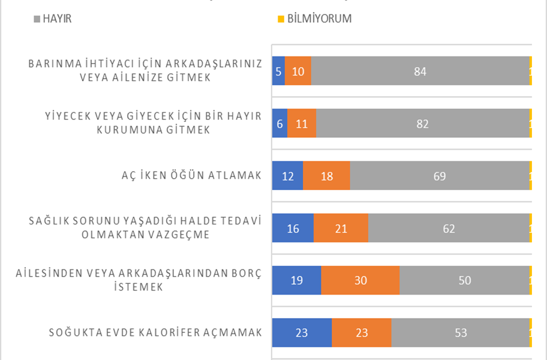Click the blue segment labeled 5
278,71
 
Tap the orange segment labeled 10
298,71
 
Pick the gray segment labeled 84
420,71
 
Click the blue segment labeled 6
279,124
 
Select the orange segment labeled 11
302,124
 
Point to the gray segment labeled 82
423,124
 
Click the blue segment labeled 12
287,176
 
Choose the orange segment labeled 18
326,176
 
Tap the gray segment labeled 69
440,176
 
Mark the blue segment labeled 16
293,228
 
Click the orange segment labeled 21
341,228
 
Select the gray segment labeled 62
449,228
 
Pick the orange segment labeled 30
360,280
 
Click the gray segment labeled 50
464,280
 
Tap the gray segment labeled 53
460,332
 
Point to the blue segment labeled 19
296,280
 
